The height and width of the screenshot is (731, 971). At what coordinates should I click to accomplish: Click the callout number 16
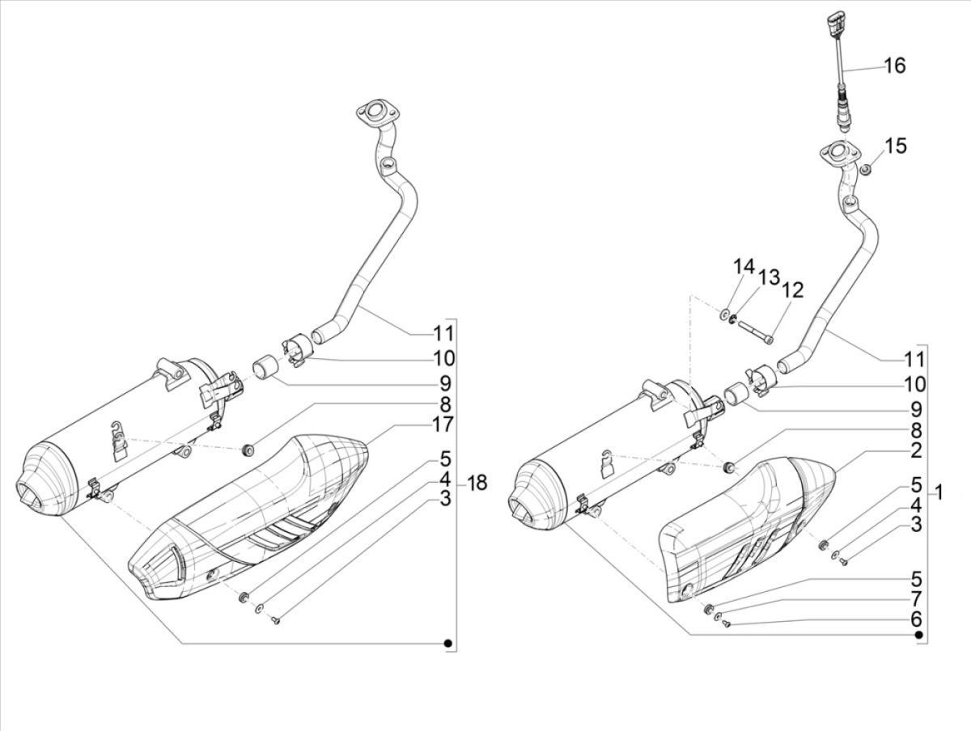pyautogui.click(x=894, y=65)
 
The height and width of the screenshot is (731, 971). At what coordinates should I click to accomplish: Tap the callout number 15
pyautogui.click(x=895, y=146)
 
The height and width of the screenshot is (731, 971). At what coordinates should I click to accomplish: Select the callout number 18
pyautogui.click(x=477, y=484)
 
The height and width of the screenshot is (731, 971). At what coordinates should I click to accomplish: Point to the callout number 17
pyautogui.click(x=443, y=423)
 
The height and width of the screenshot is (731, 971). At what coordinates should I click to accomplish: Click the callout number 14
pyautogui.click(x=744, y=266)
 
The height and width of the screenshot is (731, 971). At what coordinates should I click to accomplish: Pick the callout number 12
pyautogui.click(x=792, y=289)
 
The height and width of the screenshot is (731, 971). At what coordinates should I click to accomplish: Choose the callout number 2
pyautogui.click(x=915, y=450)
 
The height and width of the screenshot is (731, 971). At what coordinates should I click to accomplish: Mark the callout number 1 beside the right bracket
pyautogui.click(x=939, y=492)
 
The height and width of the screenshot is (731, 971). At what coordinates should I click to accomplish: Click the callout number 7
pyautogui.click(x=915, y=599)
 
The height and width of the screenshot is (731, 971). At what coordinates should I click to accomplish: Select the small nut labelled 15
pyautogui.click(x=865, y=169)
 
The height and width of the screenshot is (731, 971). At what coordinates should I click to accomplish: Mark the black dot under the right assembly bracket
pyautogui.click(x=919, y=636)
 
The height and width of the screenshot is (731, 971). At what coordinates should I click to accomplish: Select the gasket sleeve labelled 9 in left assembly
pyautogui.click(x=265, y=367)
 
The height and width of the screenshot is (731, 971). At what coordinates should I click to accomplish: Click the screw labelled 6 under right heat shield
pyautogui.click(x=725, y=624)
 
